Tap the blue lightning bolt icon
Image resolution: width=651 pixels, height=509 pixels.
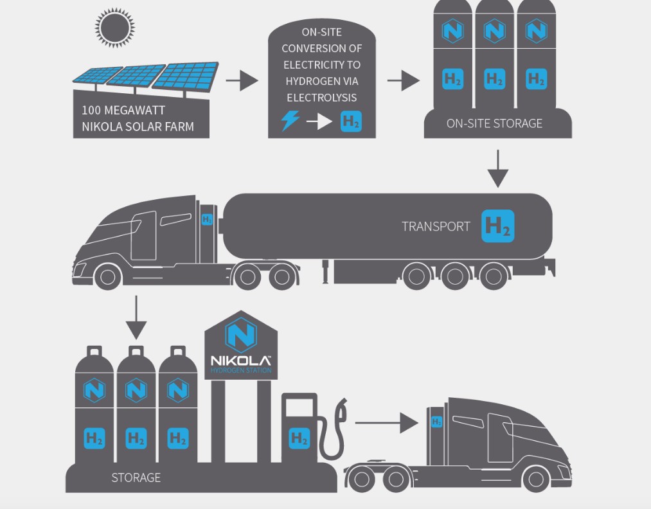[x=290, y=120]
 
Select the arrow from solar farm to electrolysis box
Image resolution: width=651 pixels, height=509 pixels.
[x=242, y=81]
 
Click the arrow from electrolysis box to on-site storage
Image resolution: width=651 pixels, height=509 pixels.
[x=404, y=81]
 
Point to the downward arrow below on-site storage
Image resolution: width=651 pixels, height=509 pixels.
[x=497, y=169]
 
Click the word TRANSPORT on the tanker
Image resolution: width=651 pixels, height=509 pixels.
[x=436, y=226]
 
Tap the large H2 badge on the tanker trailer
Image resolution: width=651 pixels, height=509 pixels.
[x=498, y=226]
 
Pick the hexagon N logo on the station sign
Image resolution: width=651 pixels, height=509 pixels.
[x=241, y=335]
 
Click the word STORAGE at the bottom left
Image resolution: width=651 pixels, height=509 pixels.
[x=136, y=478]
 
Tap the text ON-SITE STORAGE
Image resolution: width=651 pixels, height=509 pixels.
[x=494, y=123]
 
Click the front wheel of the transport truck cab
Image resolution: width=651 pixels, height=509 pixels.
[x=107, y=276]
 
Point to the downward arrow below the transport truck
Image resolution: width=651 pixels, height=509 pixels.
[x=136, y=317]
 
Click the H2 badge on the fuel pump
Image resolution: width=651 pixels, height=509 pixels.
[x=299, y=438]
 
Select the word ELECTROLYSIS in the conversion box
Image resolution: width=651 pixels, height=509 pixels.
[x=321, y=98]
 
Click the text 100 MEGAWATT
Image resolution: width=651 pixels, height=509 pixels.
[x=123, y=111]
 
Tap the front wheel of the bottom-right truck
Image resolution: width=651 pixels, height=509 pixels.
[x=535, y=478]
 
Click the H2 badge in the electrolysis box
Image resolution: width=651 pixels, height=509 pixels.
[x=351, y=121]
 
